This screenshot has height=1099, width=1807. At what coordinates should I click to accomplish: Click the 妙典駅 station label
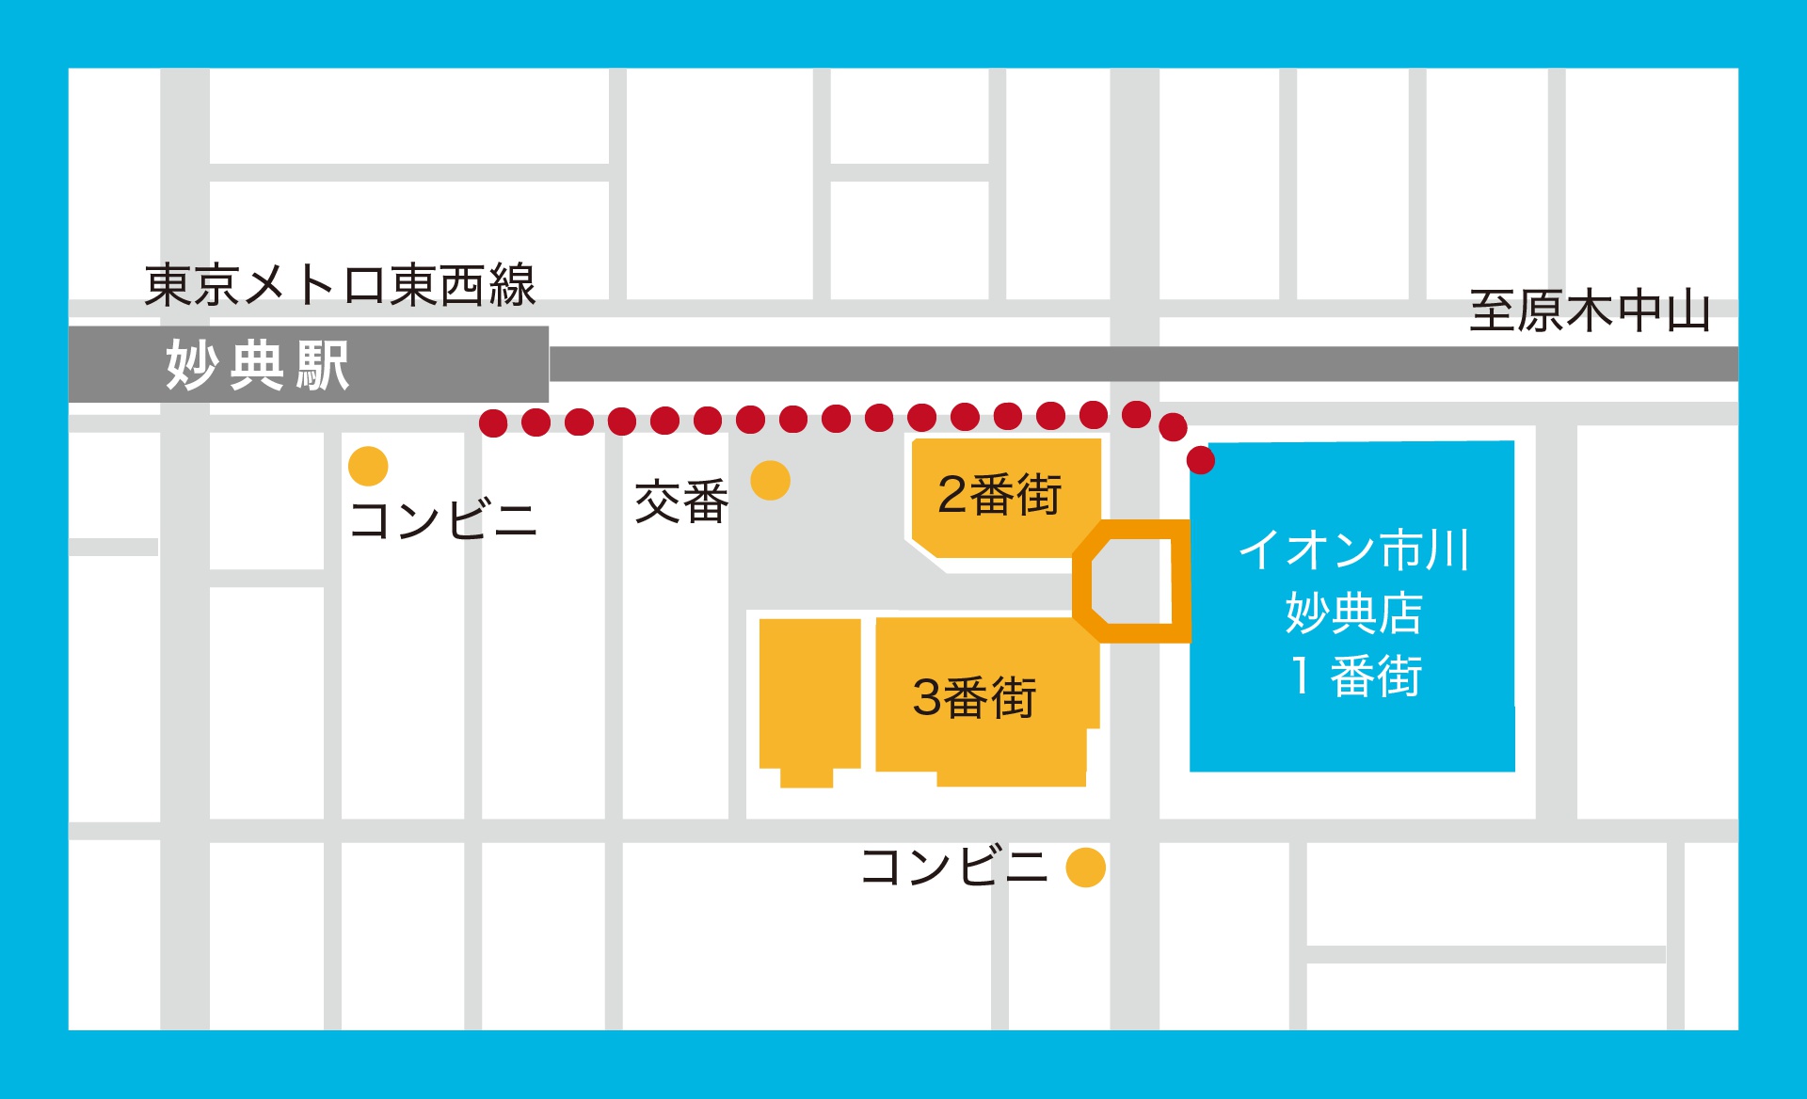pos(257,365)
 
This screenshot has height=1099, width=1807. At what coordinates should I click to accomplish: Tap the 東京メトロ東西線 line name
pos(340,285)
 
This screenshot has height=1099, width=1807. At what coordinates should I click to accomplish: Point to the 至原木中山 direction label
pos(1590,311)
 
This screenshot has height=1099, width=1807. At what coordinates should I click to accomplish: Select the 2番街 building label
pos(999,495)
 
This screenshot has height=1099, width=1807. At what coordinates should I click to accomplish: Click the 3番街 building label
pos(974,698)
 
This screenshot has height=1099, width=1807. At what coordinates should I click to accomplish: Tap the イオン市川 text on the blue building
pos(1353,549)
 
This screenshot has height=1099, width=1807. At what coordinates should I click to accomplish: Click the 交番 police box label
pos(681,502)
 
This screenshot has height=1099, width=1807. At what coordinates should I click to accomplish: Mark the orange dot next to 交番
pos(770,481)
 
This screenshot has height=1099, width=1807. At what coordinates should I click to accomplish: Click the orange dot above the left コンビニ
pos(368,466)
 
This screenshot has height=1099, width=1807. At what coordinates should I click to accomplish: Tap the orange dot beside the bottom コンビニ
pos(1085,868)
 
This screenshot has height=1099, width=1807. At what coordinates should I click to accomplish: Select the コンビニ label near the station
pos(442,520)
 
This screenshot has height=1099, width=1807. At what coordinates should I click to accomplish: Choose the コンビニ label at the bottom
pos(953,867)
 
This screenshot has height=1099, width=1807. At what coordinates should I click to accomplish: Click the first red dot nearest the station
pos(493,422)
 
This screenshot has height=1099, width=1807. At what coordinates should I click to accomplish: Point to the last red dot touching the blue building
pos(1201,460)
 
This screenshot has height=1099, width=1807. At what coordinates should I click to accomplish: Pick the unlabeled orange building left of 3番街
pos(809,696)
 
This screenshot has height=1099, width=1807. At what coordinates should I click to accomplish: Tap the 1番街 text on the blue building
pos(1355,677)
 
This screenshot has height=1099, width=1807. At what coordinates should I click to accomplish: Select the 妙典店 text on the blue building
pos(1353,613)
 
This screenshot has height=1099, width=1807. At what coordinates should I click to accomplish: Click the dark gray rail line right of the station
pos(1129,364)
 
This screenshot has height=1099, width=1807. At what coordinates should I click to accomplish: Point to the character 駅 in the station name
pos(323,365)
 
